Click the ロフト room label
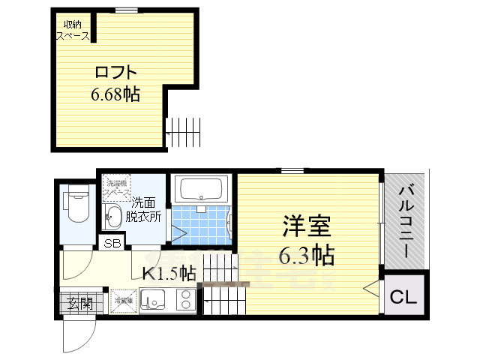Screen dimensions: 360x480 point(116,73)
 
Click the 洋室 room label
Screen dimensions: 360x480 point(307,226)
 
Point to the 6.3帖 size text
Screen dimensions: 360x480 point(307,256)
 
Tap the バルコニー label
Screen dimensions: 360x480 point(406,221)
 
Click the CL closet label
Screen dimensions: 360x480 point(402,297)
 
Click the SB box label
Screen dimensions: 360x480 point(113,243)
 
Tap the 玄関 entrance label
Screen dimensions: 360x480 point(79,304)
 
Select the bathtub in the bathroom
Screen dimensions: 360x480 point(201,188)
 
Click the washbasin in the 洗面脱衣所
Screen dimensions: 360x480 point(114,218)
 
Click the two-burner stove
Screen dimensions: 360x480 point(185,300)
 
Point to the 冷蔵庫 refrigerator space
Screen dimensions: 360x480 point(122,301)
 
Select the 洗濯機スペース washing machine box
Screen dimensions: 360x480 point(117,187)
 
